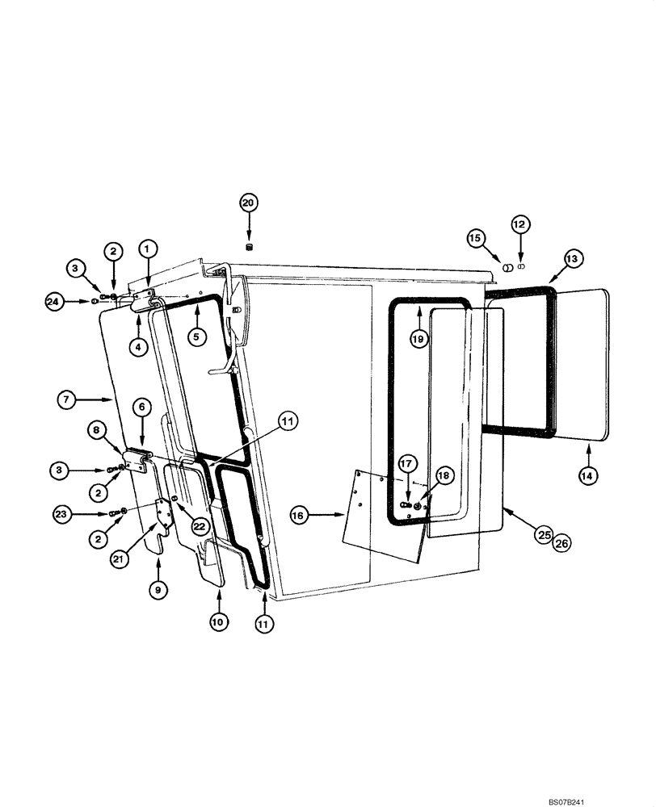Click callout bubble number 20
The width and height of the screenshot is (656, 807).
pos(248,202)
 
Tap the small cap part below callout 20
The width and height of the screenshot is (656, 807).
pos(249,245)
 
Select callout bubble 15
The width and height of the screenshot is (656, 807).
pos(476,238)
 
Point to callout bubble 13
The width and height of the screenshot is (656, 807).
pos(571,259)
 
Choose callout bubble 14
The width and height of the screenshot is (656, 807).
pos(587,476)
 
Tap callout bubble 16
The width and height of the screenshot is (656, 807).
pos(298,514)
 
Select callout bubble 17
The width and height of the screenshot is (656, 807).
pos(406,464)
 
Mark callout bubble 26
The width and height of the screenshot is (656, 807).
pos(561,545)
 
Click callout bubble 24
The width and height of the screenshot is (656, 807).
pos(54,301)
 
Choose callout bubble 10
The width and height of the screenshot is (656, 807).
pos(220,622)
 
